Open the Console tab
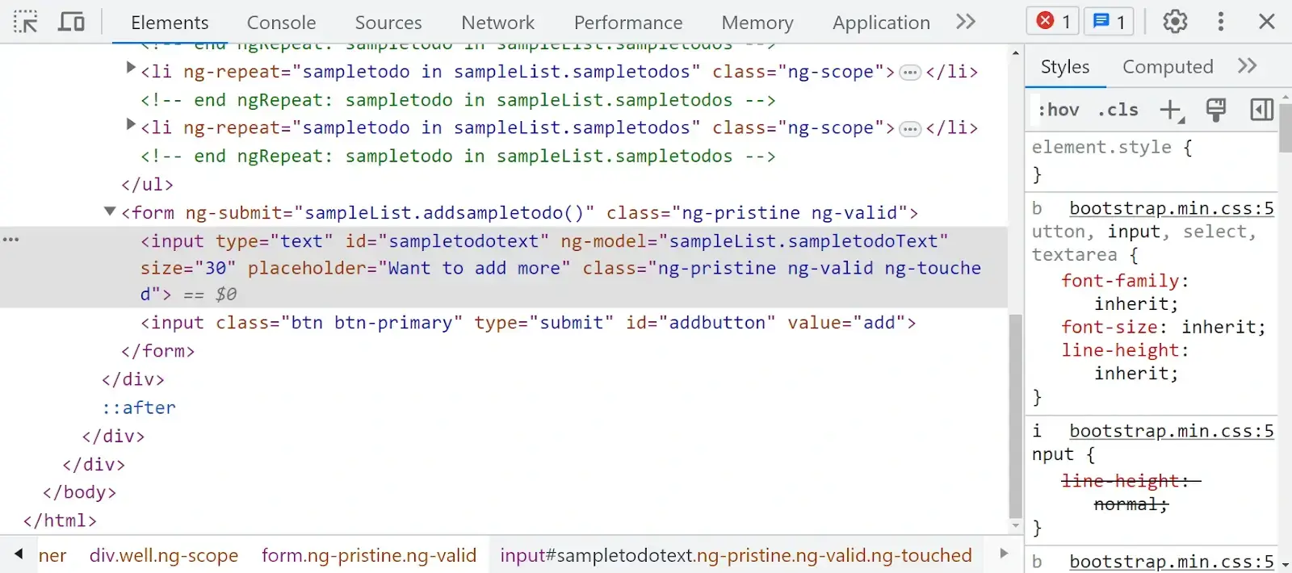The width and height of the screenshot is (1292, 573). pyautogui.click(x=281, y=23)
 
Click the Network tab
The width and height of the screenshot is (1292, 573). pyautogui.click(x=497, y=23)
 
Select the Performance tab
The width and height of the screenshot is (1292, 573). pyautogui.click(x=627, y=23)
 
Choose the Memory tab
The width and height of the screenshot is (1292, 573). pyautogui.click(x=757, y=23)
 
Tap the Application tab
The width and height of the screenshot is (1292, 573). pyautogui.click(x=881, y=23)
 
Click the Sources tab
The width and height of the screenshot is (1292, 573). pyautogui.click(x=388, y=23)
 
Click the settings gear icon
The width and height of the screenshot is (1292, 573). pyautogui.click(x=1175, y=22)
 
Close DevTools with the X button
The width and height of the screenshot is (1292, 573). pyautogui.click(x=1266, y=22)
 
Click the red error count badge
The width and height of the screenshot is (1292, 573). pyautogui.click(x=1054, y=22)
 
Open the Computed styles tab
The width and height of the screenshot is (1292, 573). pyautogui.click(x=1167, y=67)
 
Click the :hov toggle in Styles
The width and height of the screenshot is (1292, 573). pyautogui.click(x=1058, y=110)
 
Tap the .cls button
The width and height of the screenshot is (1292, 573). pyautogui.click(x=1118, y=110)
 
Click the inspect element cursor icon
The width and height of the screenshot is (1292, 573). pyautogui.click(x=26, y=22)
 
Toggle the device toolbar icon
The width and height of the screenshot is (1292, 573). pyautogui.click(x=71, y=22)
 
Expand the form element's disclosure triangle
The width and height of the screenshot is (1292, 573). pyautogui.click(x=110, y=212)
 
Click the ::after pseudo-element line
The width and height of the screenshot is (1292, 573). pyautogui.click(x=149, y=408)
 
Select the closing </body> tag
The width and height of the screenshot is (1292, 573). pyautogui.click(x=79, y=492)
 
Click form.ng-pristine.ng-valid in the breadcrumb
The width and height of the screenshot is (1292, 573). pyautogui.click(x=368, y=555)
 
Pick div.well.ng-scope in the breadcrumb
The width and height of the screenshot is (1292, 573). pyautogui.click(x=164, y=555)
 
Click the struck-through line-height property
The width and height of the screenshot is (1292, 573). pyautogui.click(x=1124, y=481)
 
